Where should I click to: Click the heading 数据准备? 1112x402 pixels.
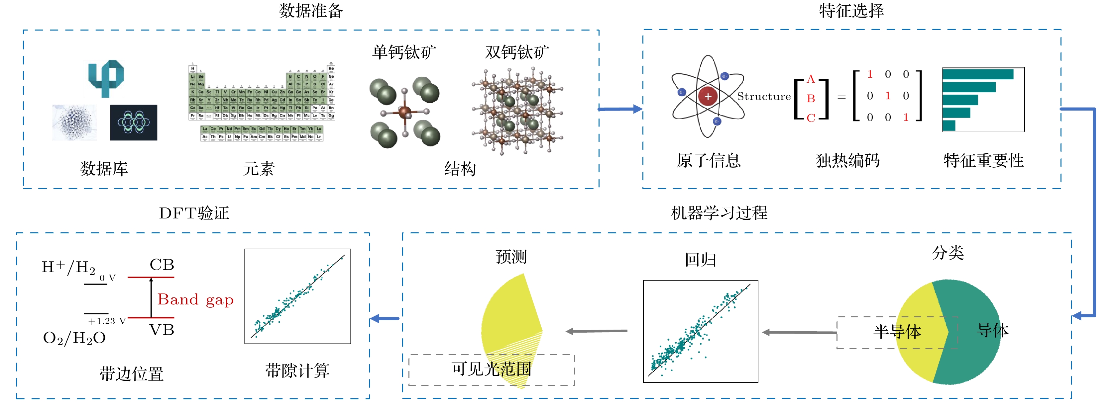[310, 11]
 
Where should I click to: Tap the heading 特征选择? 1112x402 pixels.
[851, 11]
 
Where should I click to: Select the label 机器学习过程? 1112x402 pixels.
[719, 213]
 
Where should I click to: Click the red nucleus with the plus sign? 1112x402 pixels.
[708, 96]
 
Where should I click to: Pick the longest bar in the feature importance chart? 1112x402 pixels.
[977, 74]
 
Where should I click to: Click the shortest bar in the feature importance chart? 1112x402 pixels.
[949, 125]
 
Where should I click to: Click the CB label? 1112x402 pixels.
[162, 265]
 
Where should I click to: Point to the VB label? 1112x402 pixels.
[162, 330]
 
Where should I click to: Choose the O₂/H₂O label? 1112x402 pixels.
[74, 338]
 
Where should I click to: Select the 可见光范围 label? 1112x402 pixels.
[491, 369]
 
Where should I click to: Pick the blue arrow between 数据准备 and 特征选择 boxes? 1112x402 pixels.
[620, 109]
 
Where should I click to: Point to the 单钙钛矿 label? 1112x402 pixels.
[404, 52]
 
